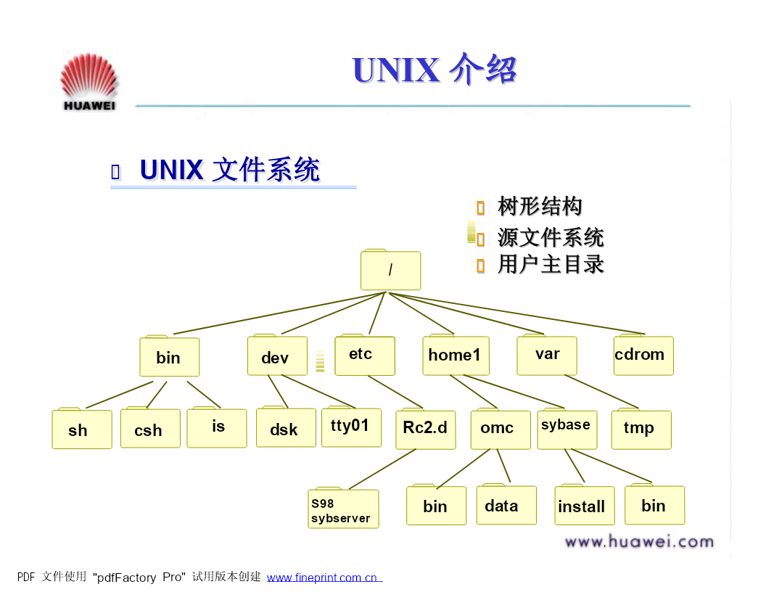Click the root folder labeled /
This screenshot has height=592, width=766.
click(390, 270)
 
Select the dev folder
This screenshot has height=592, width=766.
click(277, 355)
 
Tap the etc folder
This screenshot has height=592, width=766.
click(364, 355)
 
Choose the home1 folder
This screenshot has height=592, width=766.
click(456, 355)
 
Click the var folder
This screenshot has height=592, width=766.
click(547, 355)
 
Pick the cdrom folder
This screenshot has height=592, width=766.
click(643, 355)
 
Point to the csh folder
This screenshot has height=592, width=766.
click(150, 427)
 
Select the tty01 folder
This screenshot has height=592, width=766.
click(351, 427)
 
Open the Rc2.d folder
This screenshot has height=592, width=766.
click(426, 428)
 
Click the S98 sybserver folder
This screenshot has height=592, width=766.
click(343, 508)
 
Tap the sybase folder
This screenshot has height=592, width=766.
click(567, 428)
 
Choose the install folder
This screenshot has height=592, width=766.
click(584, 504)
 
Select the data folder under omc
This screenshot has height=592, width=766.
click(506, 504)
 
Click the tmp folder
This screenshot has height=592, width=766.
click(641, 428)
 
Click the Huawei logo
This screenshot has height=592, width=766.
click(89, 81)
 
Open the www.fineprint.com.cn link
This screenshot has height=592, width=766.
click(324, 577)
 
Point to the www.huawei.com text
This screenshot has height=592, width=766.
click(639, 541)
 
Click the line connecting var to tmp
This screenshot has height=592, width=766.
click(601, 391)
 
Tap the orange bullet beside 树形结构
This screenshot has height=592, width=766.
click(481, 207)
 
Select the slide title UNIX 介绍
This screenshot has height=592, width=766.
click(434, 70)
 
